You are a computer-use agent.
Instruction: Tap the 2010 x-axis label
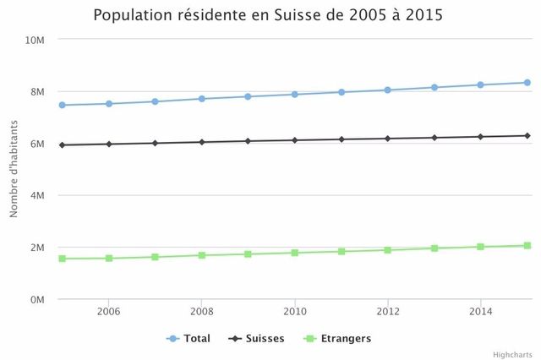(295, 311)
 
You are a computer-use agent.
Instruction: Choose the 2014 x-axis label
(480, 311)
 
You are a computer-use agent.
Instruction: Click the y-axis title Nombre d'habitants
(14, 169)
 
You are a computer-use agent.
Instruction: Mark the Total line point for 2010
(295, 94)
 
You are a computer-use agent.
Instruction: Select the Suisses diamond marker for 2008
(202, 142)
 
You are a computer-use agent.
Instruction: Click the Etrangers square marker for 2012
(388, 250)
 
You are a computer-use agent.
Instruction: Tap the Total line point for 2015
(527, 83)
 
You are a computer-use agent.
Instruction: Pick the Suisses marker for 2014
(480, 136)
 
